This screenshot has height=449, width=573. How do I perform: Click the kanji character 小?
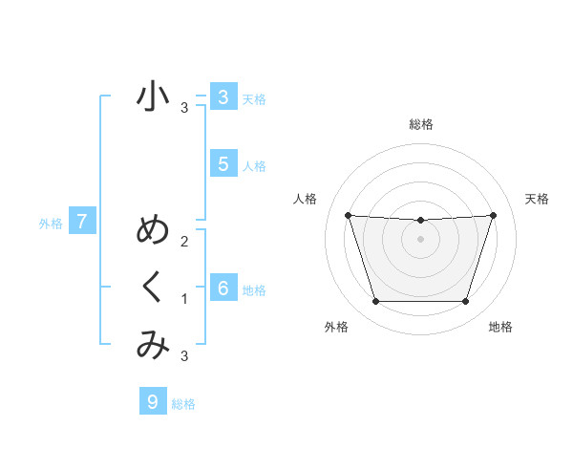coord(152,96)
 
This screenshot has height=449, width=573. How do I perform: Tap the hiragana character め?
coord(152,230)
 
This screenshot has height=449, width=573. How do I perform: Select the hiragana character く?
coord(152,289)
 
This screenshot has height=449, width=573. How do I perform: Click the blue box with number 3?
coord(223,96)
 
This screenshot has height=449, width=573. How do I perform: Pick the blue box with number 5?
coord(223,163)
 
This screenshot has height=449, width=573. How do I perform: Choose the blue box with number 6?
coord(223,288)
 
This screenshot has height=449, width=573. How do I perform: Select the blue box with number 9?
coord(152,402)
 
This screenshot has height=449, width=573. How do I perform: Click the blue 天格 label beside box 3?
coord(254,98)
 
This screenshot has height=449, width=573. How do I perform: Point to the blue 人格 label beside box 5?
coord(254,165)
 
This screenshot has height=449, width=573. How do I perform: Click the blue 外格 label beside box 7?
coord(51,224)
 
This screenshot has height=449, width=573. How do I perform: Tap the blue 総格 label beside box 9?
coord(183,404)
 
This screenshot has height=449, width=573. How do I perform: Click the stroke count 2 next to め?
coord(184,241)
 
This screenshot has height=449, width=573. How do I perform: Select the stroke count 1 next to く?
coord(184,299)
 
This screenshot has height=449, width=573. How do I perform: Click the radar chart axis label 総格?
coord(420,124)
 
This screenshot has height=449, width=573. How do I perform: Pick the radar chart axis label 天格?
coord(538,199)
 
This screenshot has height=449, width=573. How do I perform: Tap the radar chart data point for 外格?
coord(375,302)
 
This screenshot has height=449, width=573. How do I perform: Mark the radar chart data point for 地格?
coord(465,302)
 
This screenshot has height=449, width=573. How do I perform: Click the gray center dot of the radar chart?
coord(420,239)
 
